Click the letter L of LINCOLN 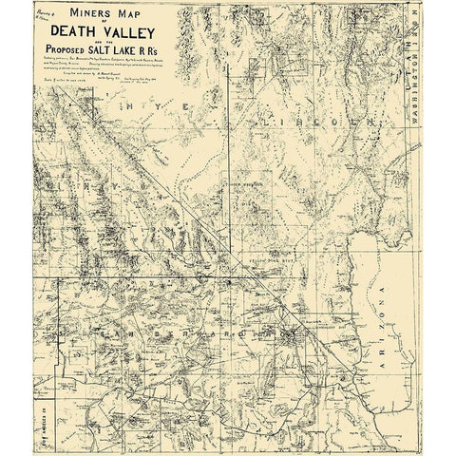(246, 122)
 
